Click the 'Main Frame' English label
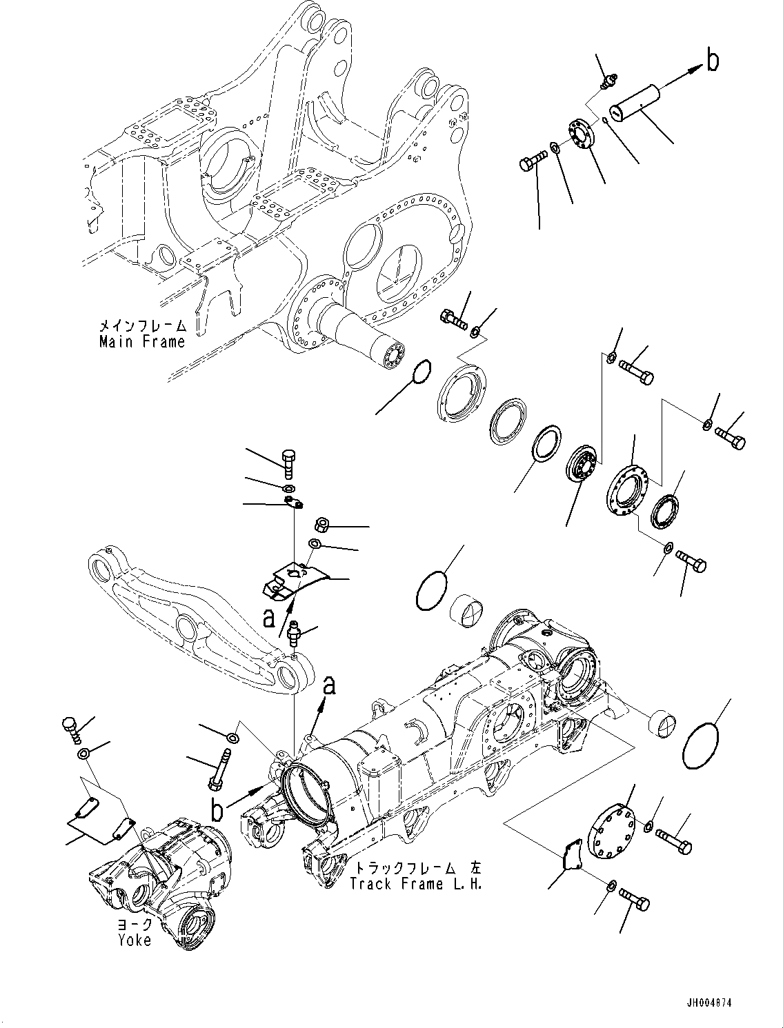click(141, 341)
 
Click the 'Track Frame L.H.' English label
click(415, 885)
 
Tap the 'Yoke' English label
click(134, 940)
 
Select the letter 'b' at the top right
click(713, 61)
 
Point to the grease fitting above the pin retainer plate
click(607, 82)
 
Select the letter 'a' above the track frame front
click(330, 686)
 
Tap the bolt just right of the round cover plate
click(673, 840)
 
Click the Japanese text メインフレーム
click(141, 325)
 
